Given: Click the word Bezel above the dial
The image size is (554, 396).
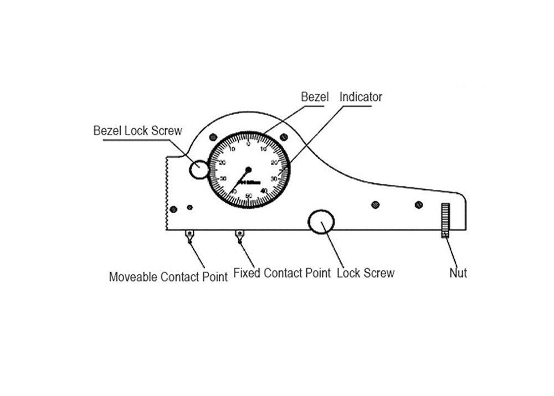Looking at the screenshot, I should coord(315,96).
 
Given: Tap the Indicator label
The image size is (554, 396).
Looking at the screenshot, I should coord(361,96).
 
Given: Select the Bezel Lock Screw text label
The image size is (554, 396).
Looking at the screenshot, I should coord(137,131).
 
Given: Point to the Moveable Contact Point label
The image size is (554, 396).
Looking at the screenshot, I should coord(168,277).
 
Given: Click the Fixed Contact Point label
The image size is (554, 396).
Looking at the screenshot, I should coord(281,273).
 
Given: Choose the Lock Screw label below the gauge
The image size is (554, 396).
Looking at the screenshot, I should coord(366,273).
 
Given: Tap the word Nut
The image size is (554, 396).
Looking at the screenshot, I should coord(458,273).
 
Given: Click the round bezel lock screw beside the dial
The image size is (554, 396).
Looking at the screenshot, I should coord(198,169).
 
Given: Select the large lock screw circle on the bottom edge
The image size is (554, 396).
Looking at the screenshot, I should coord(321,222).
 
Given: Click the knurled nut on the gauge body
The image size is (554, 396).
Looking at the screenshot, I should coord(444,220).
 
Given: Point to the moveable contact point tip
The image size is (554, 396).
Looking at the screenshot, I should coord(189,236).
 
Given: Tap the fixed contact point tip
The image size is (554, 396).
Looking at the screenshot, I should coord(239,236).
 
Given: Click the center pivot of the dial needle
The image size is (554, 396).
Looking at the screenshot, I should coord(248,170).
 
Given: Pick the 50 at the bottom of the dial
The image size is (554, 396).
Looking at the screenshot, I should coord(249,196).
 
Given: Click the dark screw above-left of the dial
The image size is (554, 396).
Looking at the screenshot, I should coord(213,137).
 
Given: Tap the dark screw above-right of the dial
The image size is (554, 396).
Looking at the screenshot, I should coord(284,137).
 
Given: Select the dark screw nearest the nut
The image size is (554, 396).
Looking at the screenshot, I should coord(419,205).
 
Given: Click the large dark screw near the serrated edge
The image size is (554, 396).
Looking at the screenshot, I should coord(173,209).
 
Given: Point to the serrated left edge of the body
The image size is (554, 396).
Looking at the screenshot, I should coord(167,194).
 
